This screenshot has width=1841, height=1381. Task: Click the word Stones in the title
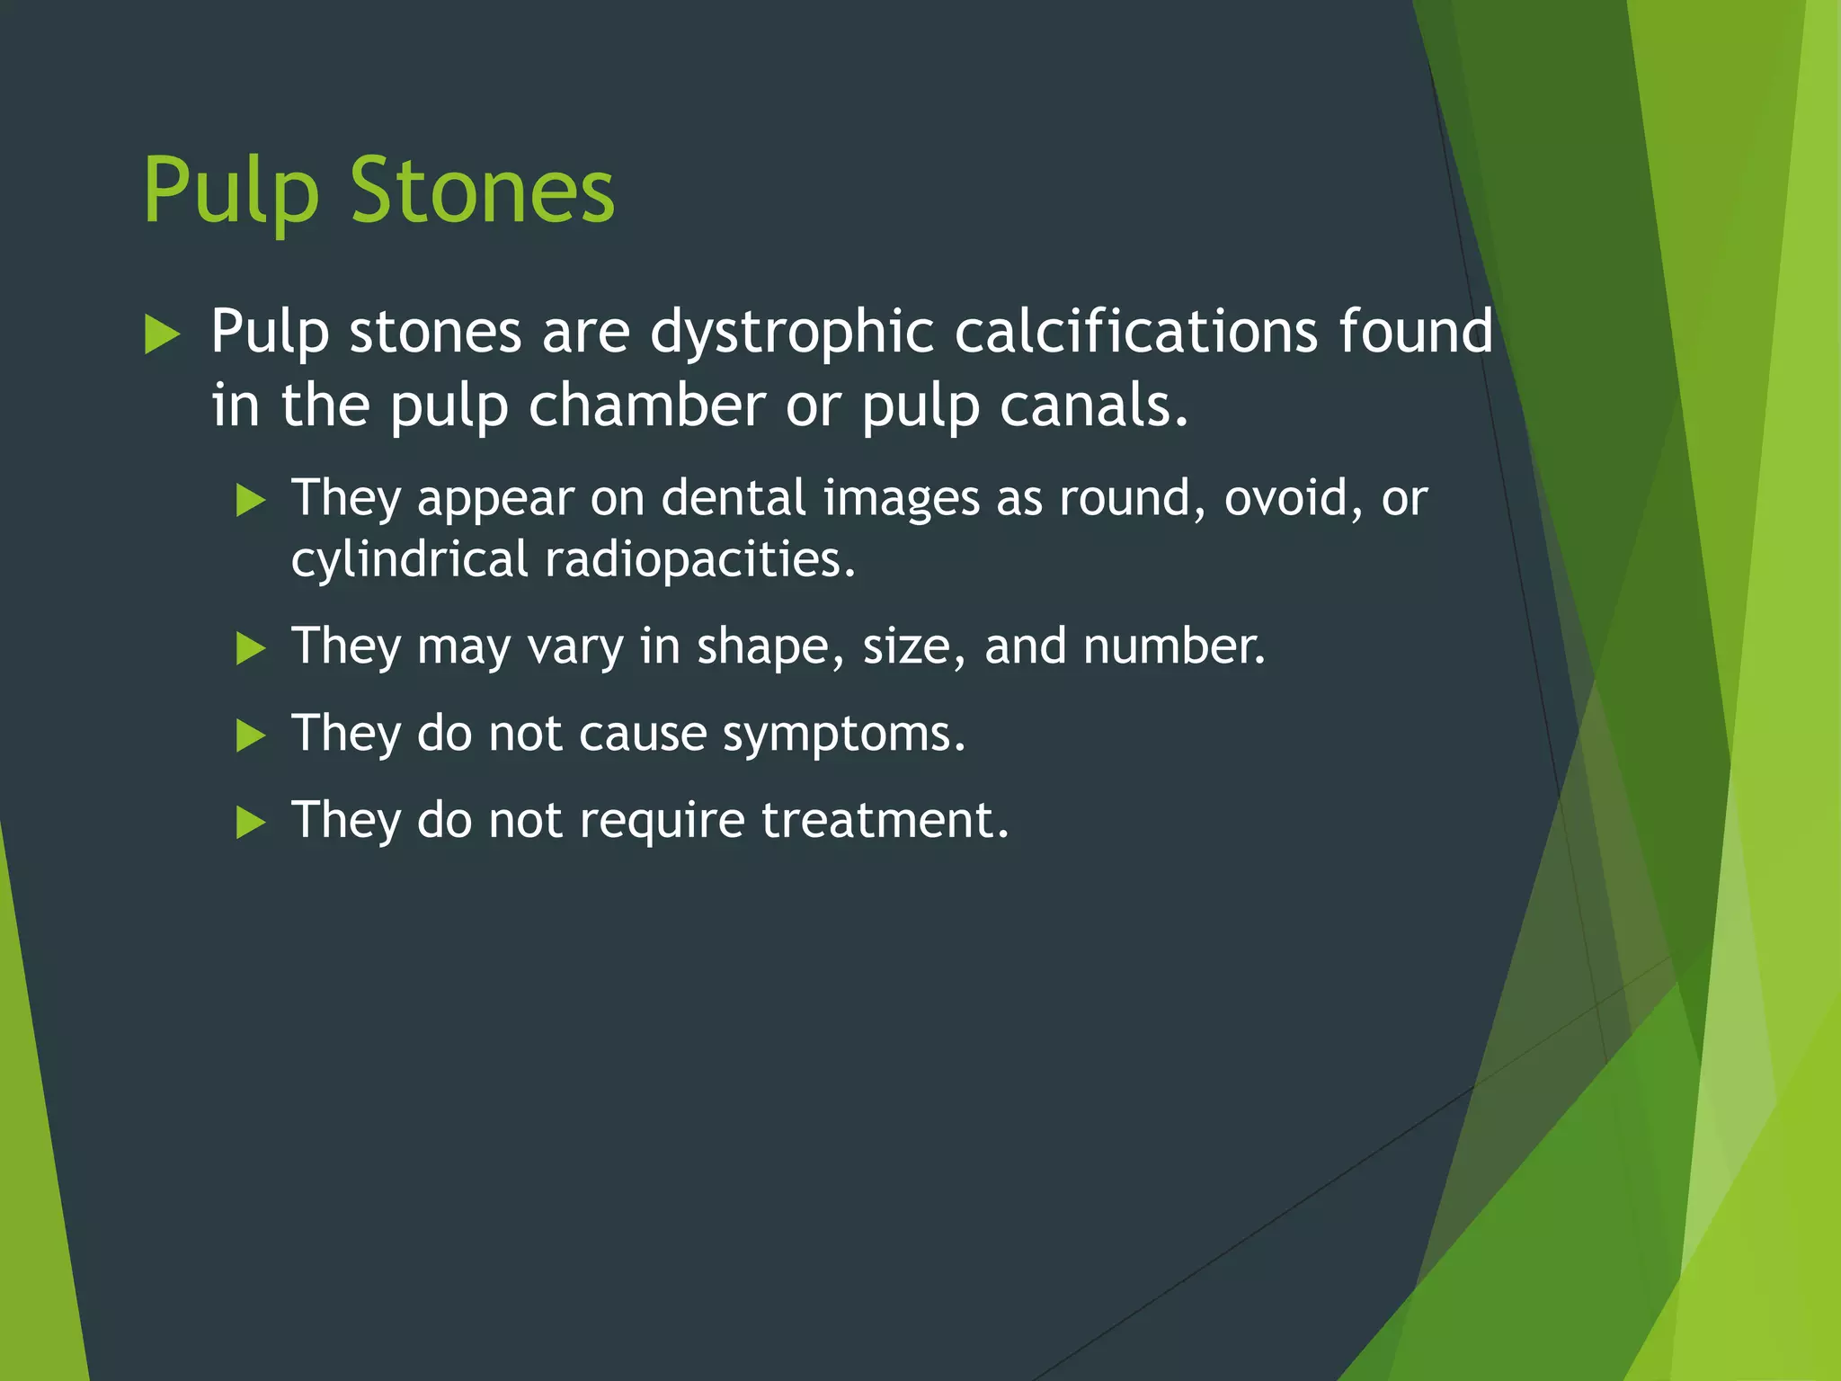click(x=482, y=191)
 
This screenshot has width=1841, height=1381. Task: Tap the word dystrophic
click(x=792, y=332)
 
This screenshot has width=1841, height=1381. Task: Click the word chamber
click(x=646, y=405)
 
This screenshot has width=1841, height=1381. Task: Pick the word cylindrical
click(x=409, y=560)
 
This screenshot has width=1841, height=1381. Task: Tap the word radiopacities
click(x=700, y=559)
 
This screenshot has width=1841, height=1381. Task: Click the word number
click(x=1173, y=646)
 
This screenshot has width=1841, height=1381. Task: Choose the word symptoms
click(x=844, y=735)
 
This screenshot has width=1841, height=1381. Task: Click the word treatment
click(x=885, y=820)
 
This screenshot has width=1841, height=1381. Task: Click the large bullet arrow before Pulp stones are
click(x=163, y=334)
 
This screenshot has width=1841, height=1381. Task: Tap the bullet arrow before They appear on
click(x=251, y=500)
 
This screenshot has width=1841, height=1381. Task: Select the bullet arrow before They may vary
click(x=251, y=648)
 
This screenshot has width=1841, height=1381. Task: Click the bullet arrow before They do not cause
click(x=251, y=735)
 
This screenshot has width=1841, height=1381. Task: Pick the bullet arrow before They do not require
click(x=251, y=822)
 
